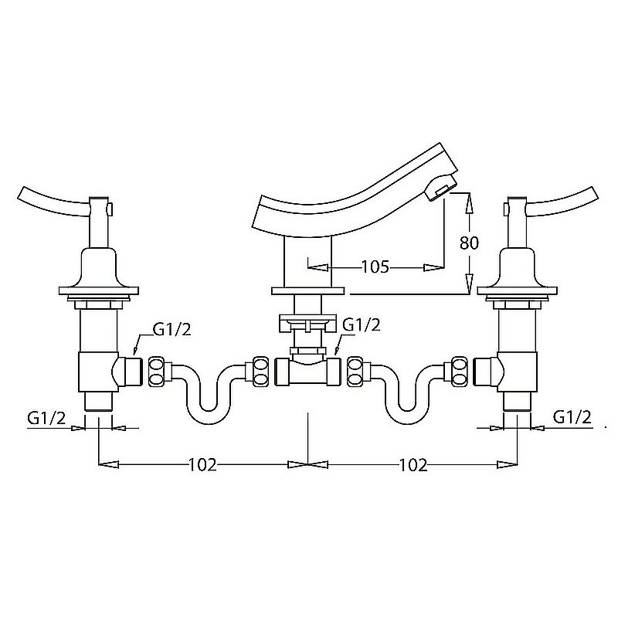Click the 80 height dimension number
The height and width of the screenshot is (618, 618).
(469, 243)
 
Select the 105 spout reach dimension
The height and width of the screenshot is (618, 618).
(375, 267)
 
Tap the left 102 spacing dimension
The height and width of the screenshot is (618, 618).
(202, 465)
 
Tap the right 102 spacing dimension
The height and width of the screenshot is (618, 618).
(413, 465)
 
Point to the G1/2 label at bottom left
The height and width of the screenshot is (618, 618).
(46, 418)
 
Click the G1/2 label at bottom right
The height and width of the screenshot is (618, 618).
(572, 416)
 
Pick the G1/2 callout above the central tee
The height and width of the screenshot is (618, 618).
(362, 325)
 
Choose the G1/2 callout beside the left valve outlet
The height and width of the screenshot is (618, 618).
(171, 330)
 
